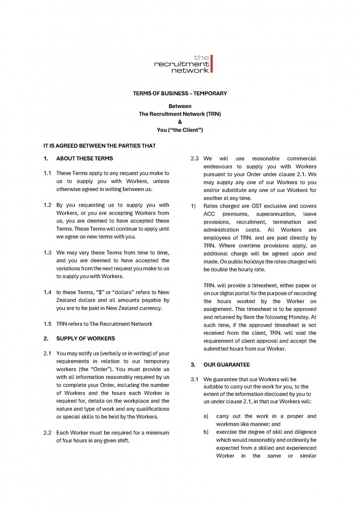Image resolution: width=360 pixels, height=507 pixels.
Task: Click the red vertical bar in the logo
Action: [x=212, y=64]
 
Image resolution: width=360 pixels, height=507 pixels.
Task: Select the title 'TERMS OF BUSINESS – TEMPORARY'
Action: [x=180, y=93]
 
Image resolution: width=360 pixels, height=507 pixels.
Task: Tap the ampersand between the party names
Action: [x=180, y=122]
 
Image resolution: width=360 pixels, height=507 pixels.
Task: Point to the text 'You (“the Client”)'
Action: [x=180, y=130]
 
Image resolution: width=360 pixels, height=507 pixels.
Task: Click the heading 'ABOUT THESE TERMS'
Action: [x=84, y=158]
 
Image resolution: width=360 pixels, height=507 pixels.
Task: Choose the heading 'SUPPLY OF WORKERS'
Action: [x=85, y=338]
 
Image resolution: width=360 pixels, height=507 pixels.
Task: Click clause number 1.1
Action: [x=47, y=173]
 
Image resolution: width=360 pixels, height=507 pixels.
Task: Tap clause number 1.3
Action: [x=47, y=253]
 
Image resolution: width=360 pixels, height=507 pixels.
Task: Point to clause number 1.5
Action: [x=47, y=324]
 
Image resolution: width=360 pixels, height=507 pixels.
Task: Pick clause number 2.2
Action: [x=47, y=432]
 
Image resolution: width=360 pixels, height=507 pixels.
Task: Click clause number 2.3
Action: [x=195, y=159]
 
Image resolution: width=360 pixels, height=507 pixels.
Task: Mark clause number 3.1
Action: [x=195, y=379]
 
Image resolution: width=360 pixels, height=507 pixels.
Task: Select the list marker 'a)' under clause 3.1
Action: [x=206, y=416]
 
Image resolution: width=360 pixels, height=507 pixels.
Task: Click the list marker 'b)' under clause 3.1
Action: [x=206, y=432]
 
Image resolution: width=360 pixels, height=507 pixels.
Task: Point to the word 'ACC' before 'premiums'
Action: [x=209, y=214]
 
